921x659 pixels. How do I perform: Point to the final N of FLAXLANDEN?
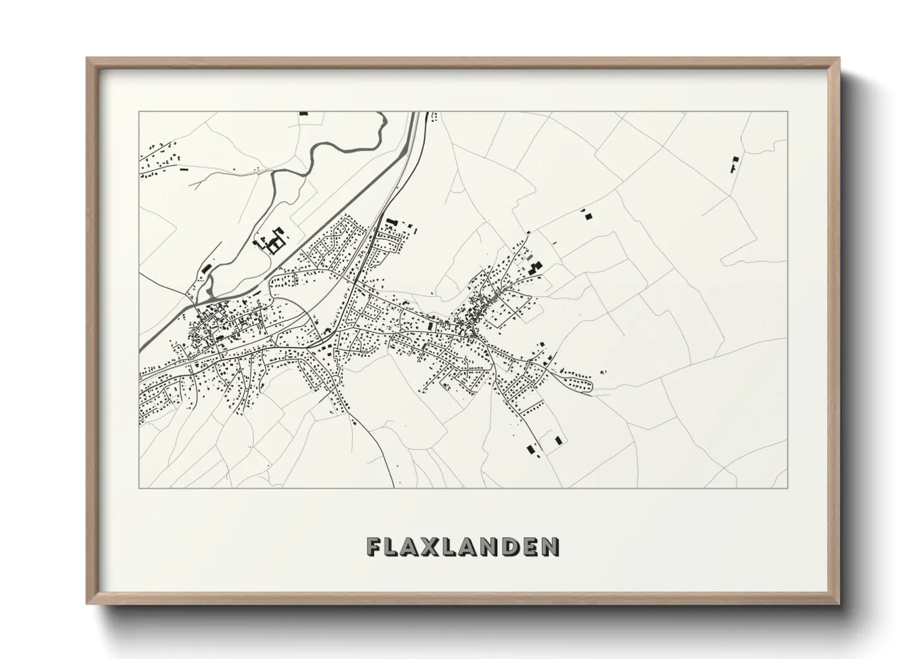click(549, 546)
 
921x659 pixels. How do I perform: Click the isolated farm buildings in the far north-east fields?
click(732, 164)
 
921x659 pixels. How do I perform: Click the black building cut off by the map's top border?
click(304, 113)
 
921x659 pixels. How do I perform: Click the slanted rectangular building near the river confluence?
click(206, 268)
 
